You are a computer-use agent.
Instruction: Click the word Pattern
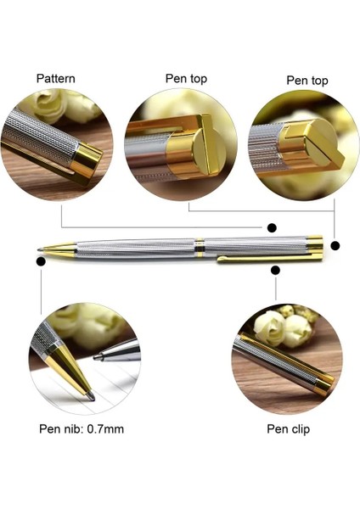tap(55, 79)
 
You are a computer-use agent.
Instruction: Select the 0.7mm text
tap(105, 428)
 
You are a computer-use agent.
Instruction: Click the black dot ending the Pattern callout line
tap(272, 227)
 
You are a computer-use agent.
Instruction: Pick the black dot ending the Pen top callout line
tap(335, 246)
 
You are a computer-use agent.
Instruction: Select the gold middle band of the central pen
tap(199, 249)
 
